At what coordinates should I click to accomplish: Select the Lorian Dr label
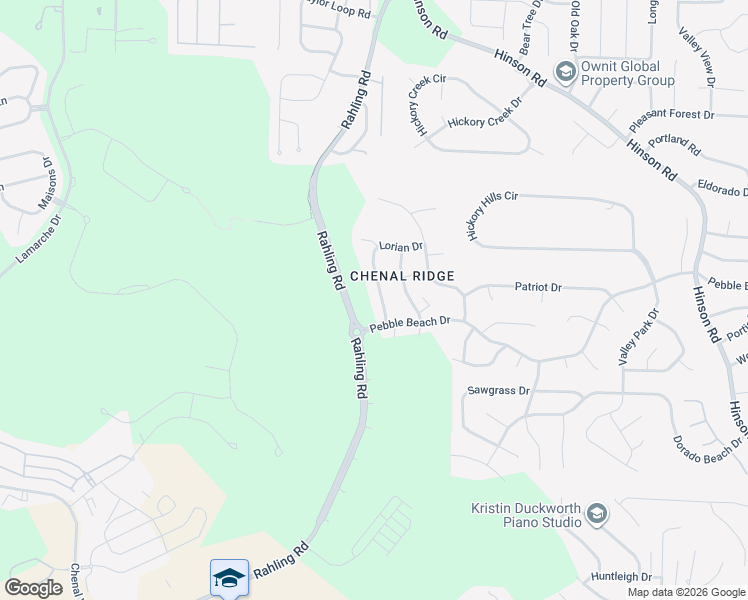[401, 245]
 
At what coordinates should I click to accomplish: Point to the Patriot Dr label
[538, 287]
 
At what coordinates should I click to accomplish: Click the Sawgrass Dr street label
[497, 390]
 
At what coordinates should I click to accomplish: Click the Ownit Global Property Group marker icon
[565, 71]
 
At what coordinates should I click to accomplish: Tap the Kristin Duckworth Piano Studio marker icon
[597, 514]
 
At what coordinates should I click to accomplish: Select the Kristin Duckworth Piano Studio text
[526, 514]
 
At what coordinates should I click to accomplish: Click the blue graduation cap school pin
[229, 578]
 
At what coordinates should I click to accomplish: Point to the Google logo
[33, 588]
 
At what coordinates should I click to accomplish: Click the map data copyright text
[686, 592]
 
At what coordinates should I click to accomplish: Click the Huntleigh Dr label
[621, 577]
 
